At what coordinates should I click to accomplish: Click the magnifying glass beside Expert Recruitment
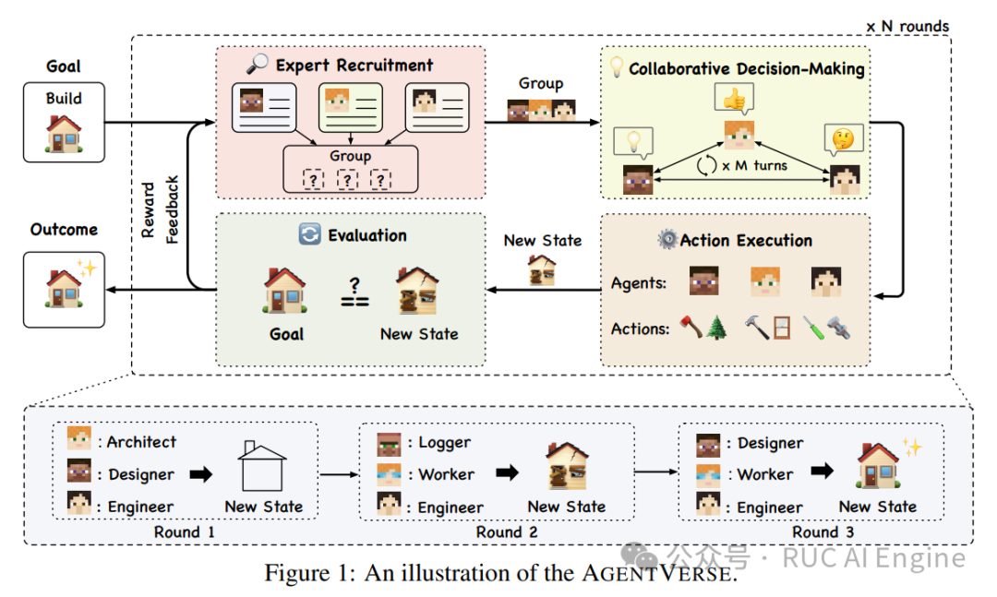[x=257, y=65]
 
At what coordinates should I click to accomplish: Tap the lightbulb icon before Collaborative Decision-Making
[x=616, y=66]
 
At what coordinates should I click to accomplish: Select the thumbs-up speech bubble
[x=734, y=97]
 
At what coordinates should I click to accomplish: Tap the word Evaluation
[x=367, y=235]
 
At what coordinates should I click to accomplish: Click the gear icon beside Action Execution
[x=667, y=240]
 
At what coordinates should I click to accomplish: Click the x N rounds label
[x=907, y=26]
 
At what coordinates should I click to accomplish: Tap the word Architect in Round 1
[x=140, y=442]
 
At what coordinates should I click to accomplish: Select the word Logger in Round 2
[x=445, y=443]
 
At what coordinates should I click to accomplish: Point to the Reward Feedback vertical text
[x=161, y=209]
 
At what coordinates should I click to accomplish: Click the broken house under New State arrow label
[x=542, y=269]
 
